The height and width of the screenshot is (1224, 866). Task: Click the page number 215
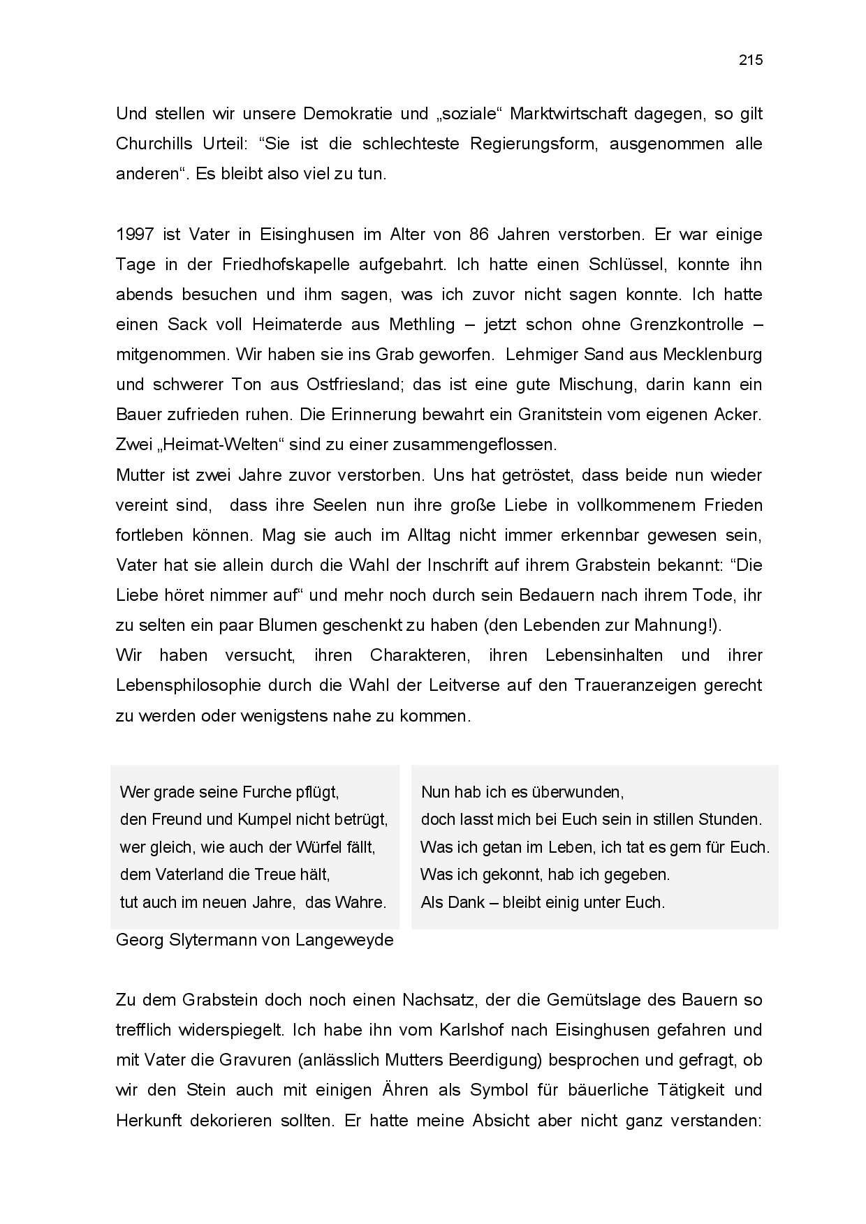point(751,60)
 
